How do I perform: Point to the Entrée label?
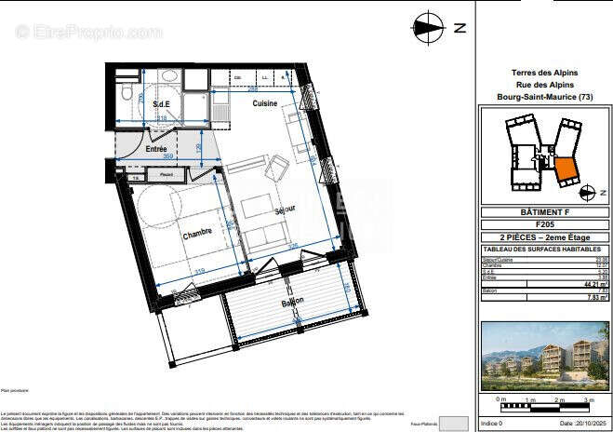[156, 148]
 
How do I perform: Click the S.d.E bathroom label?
[161, 105]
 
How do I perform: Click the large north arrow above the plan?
[429, 28]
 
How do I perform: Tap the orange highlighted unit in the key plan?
[566, 170]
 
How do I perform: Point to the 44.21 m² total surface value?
[590, 283]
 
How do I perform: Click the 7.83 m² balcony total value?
[590, 299]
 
